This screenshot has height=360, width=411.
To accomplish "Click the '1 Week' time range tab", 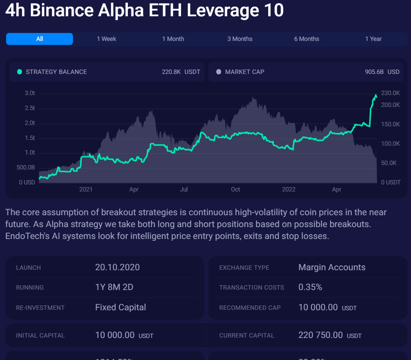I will [x=106, y=39].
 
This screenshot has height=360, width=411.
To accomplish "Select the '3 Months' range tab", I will [x=240, y=39].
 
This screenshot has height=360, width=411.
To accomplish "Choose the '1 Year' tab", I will [x=373, y=39].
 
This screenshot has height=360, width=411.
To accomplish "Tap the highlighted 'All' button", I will [x=40, y=39].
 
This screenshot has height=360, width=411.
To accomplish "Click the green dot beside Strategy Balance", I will [x=19, y=72].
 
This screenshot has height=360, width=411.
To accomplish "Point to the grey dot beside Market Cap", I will [x=218, y=72].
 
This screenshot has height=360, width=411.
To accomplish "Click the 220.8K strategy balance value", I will [x=171, y=72].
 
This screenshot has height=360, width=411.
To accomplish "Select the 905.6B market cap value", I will [x=375, y=72].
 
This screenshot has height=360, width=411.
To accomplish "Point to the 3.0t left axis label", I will [x=30, y=93].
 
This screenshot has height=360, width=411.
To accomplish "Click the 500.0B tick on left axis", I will [x=26, y=167].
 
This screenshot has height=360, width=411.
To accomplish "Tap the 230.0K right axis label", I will [x=390, y=93].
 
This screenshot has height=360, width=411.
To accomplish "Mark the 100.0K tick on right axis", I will [x=390, y=143].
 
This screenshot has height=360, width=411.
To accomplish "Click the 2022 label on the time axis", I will [x=288, y=190].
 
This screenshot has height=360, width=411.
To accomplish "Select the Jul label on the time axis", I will [x=184, y=190].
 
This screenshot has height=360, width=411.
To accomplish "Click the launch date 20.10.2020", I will [x=117, y=267].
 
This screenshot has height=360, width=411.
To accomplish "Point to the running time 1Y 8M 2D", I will [x=114, y=287].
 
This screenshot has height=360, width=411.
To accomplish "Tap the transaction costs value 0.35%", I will [x=310, y=287].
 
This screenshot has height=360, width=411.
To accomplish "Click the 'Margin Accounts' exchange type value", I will [x=331, y=267].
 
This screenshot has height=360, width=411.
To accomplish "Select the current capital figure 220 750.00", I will [x=320, y=335].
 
